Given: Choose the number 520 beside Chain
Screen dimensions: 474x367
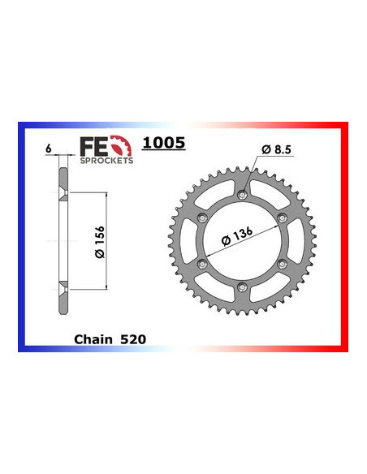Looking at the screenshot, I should (x=132, y=339).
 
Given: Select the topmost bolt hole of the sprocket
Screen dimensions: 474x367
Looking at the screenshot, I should (x=242, y=193).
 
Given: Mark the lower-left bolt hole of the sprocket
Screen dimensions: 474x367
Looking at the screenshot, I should (x=202, y=263).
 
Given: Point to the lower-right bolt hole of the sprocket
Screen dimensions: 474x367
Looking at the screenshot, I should (x=282, y=263).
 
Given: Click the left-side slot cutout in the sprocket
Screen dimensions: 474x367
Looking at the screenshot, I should (x=189, y=240).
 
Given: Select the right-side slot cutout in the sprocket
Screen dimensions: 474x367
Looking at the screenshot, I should (x=296, y=240).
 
